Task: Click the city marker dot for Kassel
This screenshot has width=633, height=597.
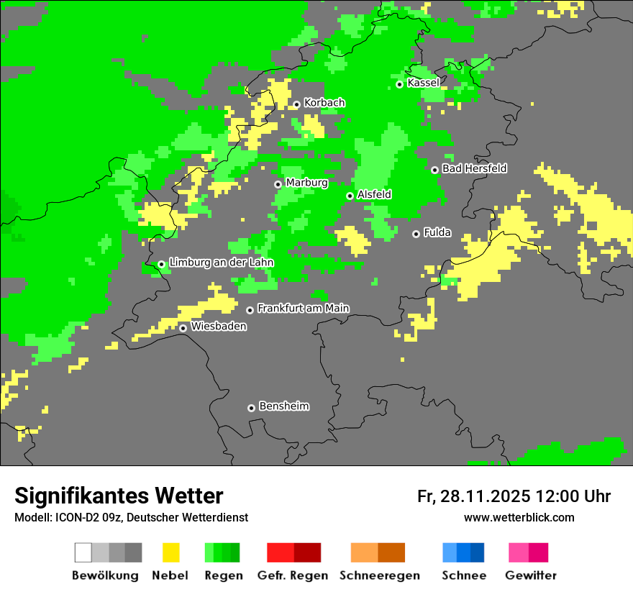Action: point(399,84)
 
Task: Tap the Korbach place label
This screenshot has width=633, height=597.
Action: point(324,103)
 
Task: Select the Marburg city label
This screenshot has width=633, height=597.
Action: point(306,183)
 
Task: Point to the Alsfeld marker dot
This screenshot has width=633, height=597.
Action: point(350,196)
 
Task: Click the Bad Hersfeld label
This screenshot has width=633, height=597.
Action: point(474,168)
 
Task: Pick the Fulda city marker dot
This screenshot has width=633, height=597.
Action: point(416,234)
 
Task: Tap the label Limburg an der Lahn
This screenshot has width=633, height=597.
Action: point(221,263)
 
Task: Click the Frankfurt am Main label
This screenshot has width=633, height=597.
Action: point(303,309)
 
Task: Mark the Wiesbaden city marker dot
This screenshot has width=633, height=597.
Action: point(183,328)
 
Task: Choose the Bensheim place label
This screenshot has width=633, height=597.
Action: point(283,406)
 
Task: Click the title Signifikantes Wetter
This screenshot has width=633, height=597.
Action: point(119,496)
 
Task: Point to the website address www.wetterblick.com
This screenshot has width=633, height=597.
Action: point(519,517)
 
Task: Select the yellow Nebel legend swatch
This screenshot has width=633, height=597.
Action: point(170,552)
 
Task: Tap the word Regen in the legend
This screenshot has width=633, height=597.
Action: point(222,575)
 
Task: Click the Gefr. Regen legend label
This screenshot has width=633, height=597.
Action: point(293,575)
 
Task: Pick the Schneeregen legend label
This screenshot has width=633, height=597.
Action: point(379,575)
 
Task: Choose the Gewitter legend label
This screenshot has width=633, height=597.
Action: point(531,575)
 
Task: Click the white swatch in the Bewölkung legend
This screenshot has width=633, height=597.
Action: point(83,552)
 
